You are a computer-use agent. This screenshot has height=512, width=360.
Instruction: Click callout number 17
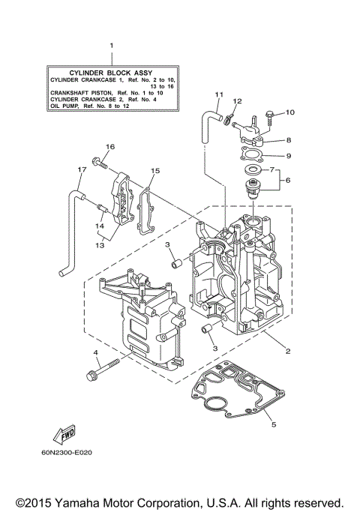79,169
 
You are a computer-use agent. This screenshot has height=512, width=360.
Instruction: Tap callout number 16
110,146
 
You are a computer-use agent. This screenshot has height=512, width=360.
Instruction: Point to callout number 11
219,94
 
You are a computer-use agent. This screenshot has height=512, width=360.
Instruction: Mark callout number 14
99,225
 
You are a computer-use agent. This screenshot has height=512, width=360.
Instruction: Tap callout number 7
272,169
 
